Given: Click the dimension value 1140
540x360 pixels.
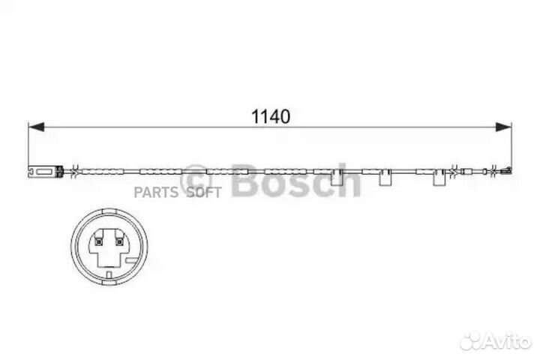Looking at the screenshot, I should pyautogui.click(x=270, y=116).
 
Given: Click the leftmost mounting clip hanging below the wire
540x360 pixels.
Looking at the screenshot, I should pyautogui.click(x=337, y=180).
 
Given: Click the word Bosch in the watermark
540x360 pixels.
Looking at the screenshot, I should pyautogui.click(x=296, y=180).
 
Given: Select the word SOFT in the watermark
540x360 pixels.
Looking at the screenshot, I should pyautogui.click(x=203, y=193).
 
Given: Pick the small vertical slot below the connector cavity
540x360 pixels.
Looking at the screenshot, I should pyautogui.click(x=109, y=274).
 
